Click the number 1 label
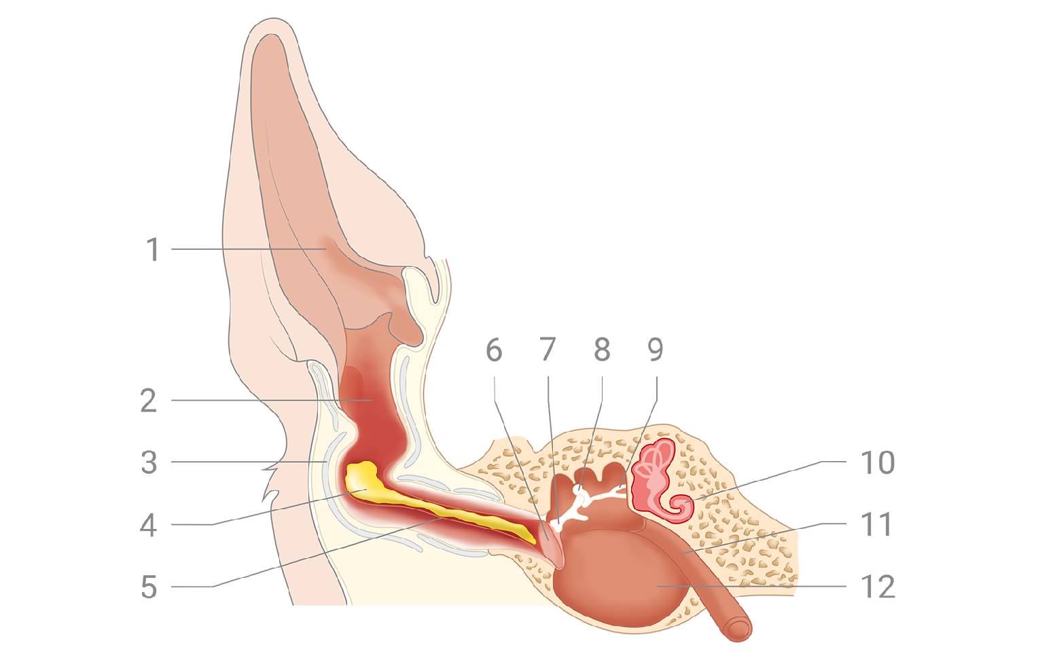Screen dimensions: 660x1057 tap(154, 249)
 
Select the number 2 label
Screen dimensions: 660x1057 tap(149, 401)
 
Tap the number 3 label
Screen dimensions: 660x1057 tap(149, 462)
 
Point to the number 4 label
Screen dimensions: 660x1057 tap(149, 525)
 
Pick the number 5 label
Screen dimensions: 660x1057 tap(149, 587)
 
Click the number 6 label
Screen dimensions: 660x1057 tap(494, 350)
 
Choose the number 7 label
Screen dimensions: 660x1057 tap(548, 350)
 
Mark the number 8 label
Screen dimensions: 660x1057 tap(602, 350)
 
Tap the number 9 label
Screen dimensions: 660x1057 tap(655, 350)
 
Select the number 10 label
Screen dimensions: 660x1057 tap(878, 462)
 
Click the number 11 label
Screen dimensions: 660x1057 tap(876, 525)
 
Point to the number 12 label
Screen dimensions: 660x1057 tap(878, 587)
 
